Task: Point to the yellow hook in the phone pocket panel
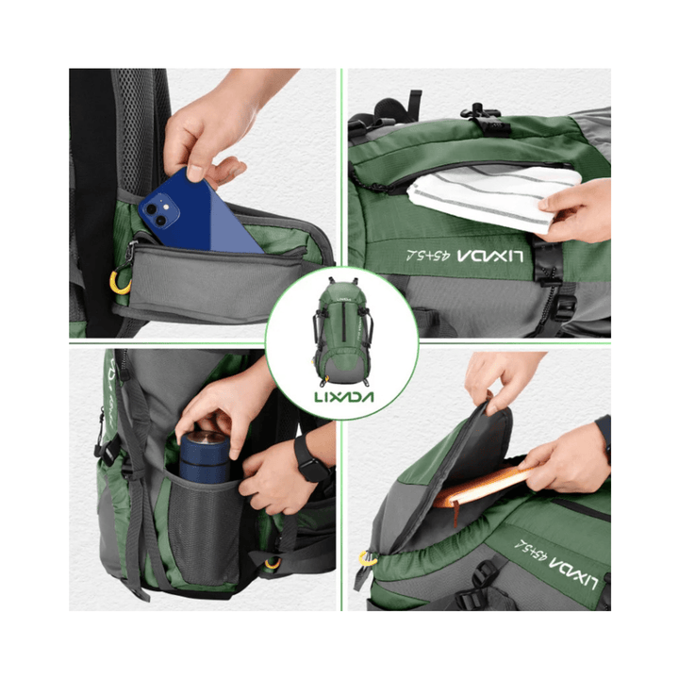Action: [121, 282]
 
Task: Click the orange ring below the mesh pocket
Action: [272, 563]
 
